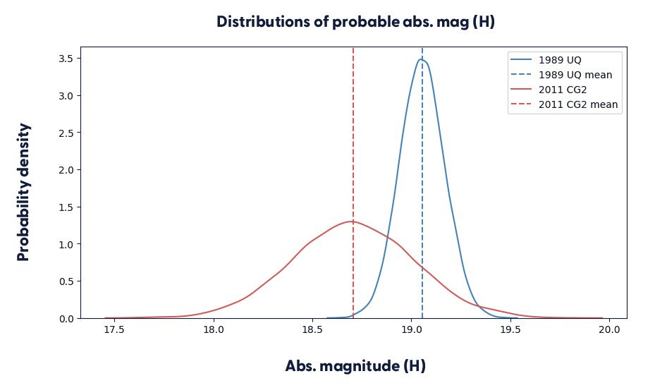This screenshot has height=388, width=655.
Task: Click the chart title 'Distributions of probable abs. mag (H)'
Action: [355, 22]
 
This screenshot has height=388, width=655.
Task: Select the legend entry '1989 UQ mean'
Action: [575, 74]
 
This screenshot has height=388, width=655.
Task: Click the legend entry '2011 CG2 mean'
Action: [578, 104]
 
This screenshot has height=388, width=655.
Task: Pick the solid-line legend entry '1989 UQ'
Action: [560, 59]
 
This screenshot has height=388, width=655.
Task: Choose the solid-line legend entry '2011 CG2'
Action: [563, 90]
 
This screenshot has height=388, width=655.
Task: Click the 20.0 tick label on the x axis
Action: [609, 329]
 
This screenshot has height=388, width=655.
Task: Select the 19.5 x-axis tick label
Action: [510, 329]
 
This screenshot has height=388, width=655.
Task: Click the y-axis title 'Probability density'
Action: [24, 192]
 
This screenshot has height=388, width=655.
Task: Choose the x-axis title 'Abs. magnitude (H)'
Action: [355, 366]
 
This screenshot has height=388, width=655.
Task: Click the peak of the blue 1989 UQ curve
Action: [422, 59]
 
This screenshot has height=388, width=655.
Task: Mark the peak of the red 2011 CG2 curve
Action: [352, 222]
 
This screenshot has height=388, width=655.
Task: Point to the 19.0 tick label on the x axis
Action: [412, 329]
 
